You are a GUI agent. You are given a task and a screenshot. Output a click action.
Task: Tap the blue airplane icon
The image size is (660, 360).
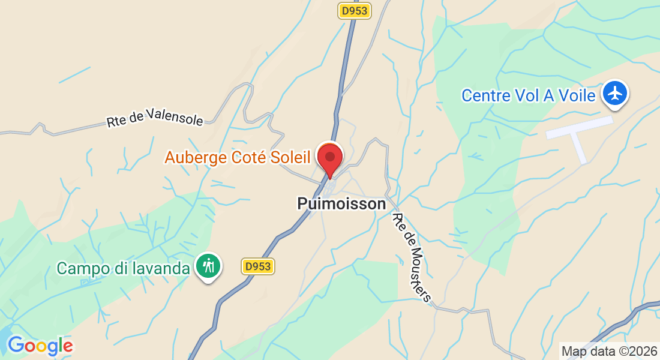[x=615, y=94]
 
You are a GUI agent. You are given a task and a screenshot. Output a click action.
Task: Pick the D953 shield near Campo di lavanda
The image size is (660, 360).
[x=259, y=267]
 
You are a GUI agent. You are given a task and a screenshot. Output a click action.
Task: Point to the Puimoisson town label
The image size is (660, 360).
[x=341, y=204]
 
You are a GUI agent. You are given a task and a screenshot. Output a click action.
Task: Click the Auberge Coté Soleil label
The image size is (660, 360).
[x=237, y=158]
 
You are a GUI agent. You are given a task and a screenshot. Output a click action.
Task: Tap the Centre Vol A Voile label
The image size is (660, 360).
[x=528, y=95]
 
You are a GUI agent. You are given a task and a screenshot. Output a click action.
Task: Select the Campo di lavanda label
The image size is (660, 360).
[x=123, y=268]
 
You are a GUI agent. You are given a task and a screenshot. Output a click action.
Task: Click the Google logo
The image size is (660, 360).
[x=40, y=346]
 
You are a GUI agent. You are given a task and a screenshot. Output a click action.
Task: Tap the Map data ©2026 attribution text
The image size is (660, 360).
[x=608, y=350]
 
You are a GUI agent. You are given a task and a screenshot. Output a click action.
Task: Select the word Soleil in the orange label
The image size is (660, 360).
[x=289, y=158]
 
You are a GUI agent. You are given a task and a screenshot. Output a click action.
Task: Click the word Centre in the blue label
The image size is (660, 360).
[x=484, y=95]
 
